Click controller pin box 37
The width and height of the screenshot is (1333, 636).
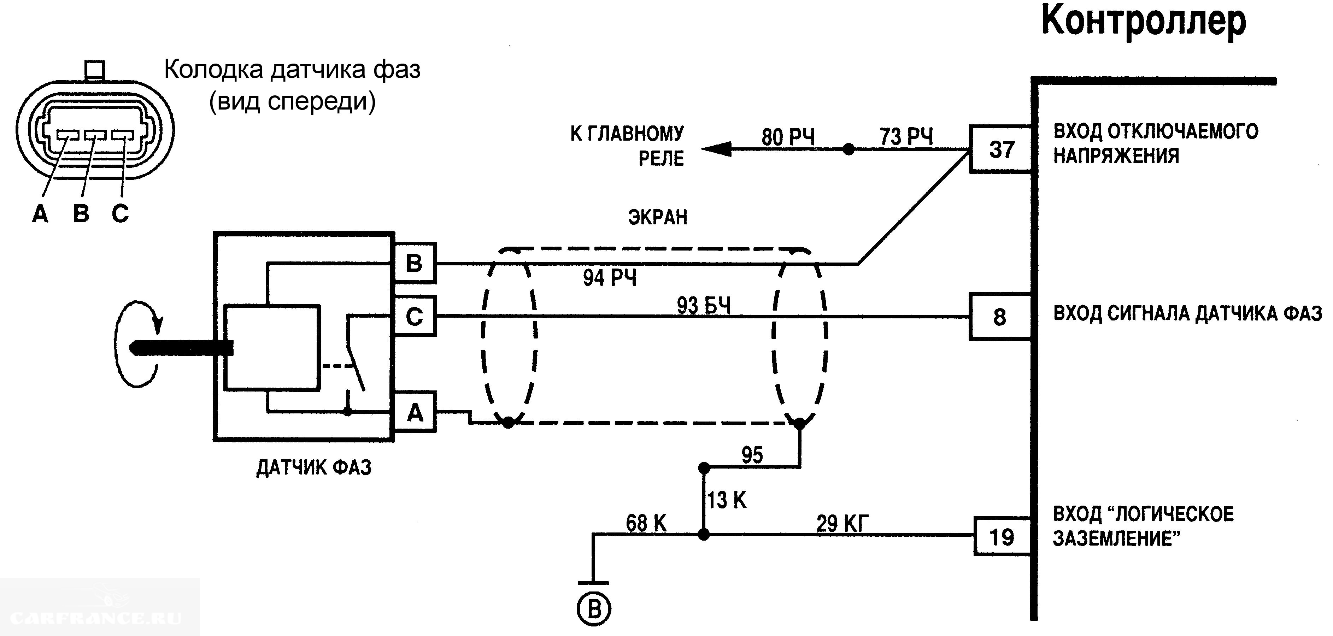pos(1001,149)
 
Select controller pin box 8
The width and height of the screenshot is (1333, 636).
pos(1000,317)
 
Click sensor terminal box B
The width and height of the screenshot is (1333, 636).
pos(415,263)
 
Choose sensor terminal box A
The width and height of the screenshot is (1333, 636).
pos(415,412)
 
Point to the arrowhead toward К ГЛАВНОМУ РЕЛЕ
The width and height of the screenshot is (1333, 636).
pos(717,149)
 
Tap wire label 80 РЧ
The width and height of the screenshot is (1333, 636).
pos(788,137)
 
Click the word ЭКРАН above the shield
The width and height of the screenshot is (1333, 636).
pos(658,217)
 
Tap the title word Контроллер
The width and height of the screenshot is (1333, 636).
pos(1143,22)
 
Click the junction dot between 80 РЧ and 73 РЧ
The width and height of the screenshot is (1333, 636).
pos(848,149)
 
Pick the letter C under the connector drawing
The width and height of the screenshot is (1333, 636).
pos(120,213)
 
